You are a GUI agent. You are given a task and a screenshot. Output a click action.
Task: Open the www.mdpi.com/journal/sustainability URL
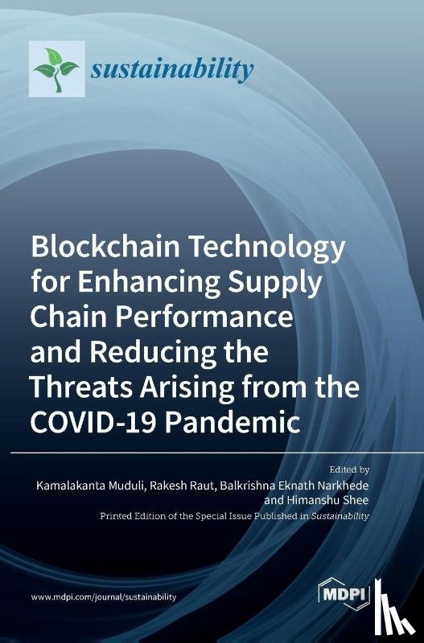click(x=104, y=597)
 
